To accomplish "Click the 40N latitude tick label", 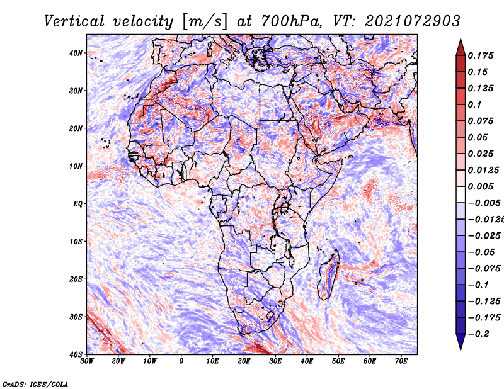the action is [x=76, y=53].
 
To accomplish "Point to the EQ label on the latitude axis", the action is [x=77, y=204].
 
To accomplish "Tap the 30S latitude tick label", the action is [x=76, y=317].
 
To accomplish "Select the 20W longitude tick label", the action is [x=118, y=361].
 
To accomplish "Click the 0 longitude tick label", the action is [x=181, y=361].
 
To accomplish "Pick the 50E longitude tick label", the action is [x=338, y=361].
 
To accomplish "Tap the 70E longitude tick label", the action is [x=401, y=361].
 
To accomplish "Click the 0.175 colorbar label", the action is [x=480, y=55].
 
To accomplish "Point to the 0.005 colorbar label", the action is [x=480, y=186].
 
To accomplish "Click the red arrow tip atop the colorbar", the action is [x=461, y=40].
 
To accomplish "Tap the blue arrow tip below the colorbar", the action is [x=461, y=349].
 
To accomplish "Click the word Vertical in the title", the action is [x=74, y=21].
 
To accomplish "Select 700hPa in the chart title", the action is [x=290, y=21].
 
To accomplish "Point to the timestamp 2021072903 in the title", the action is [x=412, y=21].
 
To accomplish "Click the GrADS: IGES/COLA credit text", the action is [x=35, y=384].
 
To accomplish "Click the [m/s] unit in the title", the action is [x=205, y=21].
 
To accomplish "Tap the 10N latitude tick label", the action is [x=76, y=166].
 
